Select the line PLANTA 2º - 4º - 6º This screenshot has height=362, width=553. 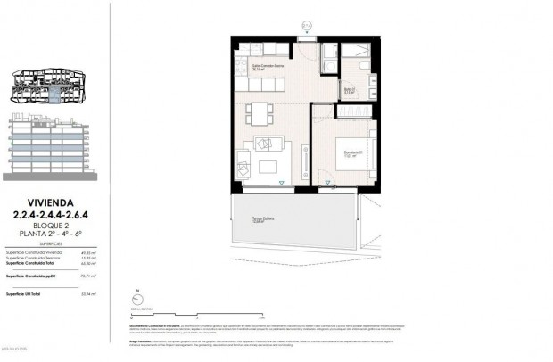pyautogui.click(x=49, y=233)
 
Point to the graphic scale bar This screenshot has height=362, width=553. pyautogui.click(x=197, y=315)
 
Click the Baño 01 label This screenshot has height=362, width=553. pyautogui.click(x=349, y=90)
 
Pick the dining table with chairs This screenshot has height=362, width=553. pyautogui.click(x=258, y=114)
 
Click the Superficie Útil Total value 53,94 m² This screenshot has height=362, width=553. pyautogui.click(x=88, y=292)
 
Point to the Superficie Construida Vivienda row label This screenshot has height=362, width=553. pyautogui.click(x=33, y=253)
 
